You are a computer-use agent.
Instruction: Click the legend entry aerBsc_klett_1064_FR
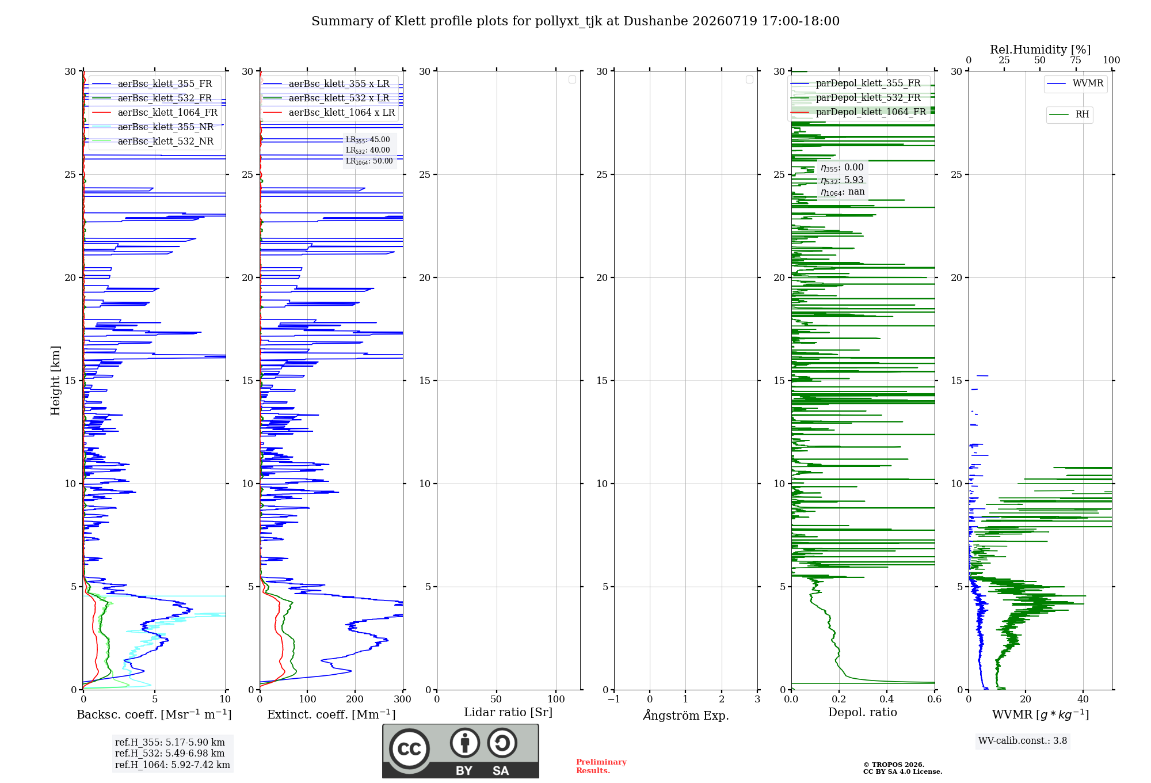(154, 112)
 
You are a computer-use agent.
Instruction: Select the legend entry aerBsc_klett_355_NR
(153, 127)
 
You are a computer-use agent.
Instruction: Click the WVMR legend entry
(1075, 83)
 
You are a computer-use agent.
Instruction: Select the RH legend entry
(1069, 115)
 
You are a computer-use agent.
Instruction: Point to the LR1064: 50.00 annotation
(369, 161)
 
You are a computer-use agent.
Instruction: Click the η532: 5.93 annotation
(842, 180)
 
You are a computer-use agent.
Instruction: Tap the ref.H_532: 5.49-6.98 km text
(170, 753)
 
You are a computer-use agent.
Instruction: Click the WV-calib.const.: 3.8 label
(1023, 740)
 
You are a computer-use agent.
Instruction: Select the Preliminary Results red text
(601, 766)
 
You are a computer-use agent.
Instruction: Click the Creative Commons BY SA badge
(460, 751)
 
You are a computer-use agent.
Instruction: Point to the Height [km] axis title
(55, 380)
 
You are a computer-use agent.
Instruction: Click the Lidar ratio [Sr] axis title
(508, 712)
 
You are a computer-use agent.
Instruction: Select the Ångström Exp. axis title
(686, 715)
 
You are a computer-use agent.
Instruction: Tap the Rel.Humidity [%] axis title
(1040, 50)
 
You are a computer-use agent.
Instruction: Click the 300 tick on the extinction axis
(403, 699)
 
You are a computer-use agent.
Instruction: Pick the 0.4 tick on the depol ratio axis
(887, 699)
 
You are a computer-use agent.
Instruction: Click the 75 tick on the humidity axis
(1075, 60)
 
